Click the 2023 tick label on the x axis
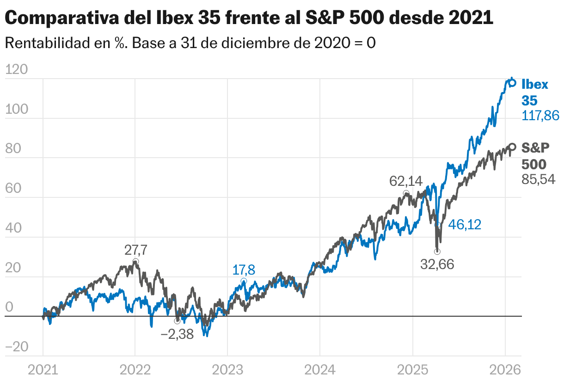[x=227, y=370]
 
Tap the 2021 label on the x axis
[x=43, y=370]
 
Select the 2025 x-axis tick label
[x=412, y=370]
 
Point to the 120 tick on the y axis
[x=17, y=70]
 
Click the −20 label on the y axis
[x=17, y=347]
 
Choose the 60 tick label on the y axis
[x=17, y=189]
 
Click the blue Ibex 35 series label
[x=535, y=92]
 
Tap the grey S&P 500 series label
[x=535, y=156]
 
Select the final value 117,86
[x=540, y=116]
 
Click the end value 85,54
[x=539, y=179]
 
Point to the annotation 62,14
[x=406, y=181]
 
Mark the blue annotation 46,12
[x=465, y=225]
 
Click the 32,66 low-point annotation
[x=437, y=264]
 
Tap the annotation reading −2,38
[x=177, y=334]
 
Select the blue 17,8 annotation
[x=244, y=270]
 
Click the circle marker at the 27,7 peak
[x=135, y=262]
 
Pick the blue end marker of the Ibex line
[x=512, y=83]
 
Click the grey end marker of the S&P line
[x=512, y=147]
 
